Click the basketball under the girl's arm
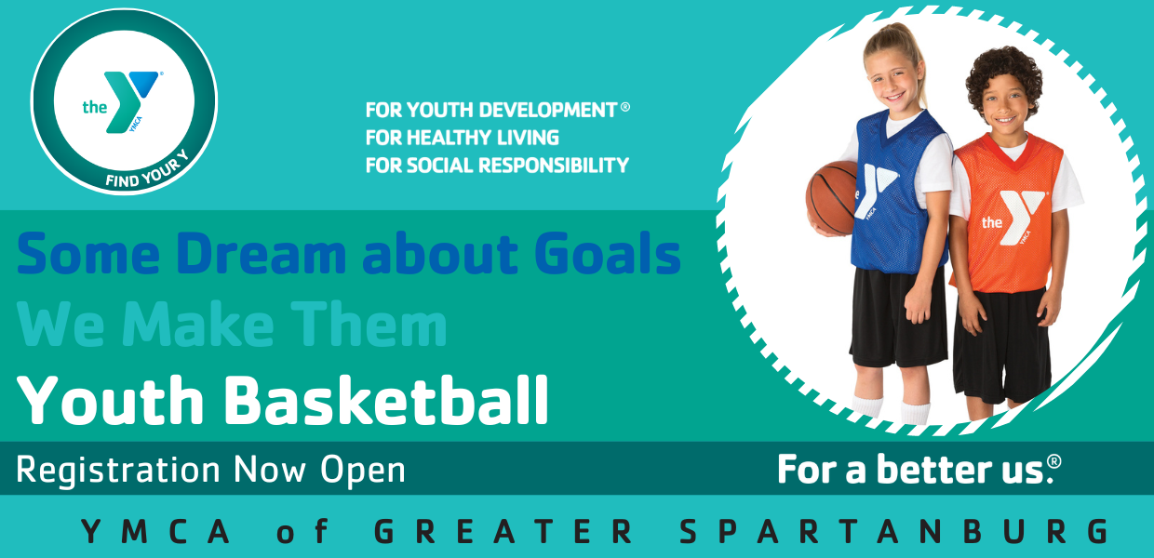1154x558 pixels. pos(831,199)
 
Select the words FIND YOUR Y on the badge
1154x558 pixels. pos(147,170)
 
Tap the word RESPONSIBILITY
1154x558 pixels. pos(554,166)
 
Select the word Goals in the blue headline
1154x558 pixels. pos(608,253)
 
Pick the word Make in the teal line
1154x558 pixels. pos(198,324)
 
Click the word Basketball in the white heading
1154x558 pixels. pos(386,400)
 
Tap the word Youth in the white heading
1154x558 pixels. pos(110,400)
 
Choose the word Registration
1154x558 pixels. pos(118,471)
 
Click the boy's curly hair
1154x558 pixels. pos(1003,77)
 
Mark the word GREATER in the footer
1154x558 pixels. pos(503,531)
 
